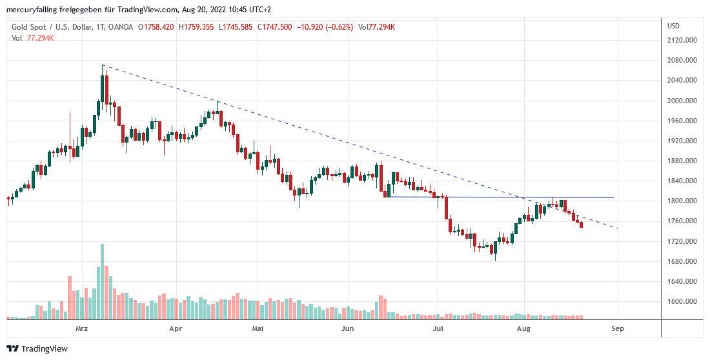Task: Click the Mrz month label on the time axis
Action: point(81,329)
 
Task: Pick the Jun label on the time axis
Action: point(348,329)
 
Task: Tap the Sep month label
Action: point(618,329)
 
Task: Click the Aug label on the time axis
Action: point(524,329)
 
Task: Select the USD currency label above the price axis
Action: point(674,26)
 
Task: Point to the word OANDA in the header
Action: point(122,27)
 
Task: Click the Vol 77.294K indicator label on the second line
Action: point(33,38)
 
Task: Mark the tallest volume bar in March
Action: point(102,281)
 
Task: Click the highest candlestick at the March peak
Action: point(103,88)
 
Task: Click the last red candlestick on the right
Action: point(582,225)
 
